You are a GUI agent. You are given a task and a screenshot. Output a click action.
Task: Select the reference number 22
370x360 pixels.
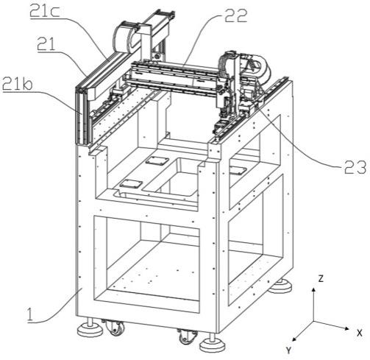click(235, 16)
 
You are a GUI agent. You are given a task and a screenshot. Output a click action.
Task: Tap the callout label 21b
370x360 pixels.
click(17, 85)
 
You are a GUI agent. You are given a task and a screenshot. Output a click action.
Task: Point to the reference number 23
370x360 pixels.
click(355, 168)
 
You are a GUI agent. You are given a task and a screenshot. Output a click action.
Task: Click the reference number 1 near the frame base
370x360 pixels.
click(30, 315)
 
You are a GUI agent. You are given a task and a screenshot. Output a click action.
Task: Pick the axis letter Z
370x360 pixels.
click(321, 278)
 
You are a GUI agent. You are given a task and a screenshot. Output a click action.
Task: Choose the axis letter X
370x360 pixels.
click(359, 333)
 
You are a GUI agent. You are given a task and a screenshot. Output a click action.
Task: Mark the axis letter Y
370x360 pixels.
click(289, 350)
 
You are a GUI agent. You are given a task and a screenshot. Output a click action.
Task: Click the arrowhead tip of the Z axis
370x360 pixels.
click(313, 288)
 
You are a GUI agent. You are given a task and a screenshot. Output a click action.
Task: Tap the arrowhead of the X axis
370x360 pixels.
click(349, 328)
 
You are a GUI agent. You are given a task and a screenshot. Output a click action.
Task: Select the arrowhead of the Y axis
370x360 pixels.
click(292, 341)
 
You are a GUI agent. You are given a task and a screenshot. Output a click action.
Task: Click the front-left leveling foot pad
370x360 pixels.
click(90, 331)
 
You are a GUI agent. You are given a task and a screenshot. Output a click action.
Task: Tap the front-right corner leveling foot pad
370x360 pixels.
click(213, 345)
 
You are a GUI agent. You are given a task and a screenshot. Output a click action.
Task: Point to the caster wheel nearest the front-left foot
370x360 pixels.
click(115, 328)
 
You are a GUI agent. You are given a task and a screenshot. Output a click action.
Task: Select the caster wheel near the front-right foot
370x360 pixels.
click(187, 337)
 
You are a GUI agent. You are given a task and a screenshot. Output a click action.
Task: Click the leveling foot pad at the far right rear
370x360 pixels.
click(280, 286)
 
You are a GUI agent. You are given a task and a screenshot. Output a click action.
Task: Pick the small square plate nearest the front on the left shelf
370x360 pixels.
click(131, 184)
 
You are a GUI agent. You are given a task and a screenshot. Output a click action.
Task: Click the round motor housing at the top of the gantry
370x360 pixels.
click(124, 38)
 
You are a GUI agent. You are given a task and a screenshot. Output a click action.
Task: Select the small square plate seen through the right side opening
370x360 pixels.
click(238, 170)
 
